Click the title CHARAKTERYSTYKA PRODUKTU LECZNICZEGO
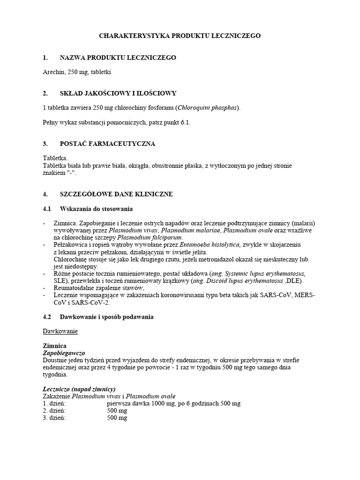pyautogui.click(x=180, y=36)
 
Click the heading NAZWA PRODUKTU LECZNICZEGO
pyautogui.click(x=118, y=58)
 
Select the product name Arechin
pyautogui.click(x=53, y=72)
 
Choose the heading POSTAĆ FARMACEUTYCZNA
pyautogui.click(x=107, y=143)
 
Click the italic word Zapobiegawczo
pyautogui.click(x=64, y=352)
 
